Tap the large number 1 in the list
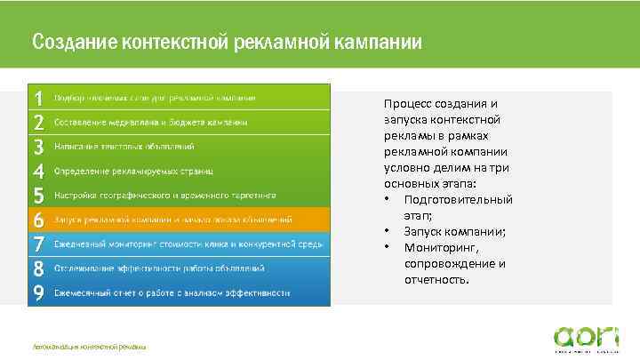[38, 97]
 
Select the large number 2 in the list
[38, 122]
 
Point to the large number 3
[38, 146]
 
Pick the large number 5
[38, 195]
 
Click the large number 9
[38, 292]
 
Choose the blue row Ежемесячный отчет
[172, 292]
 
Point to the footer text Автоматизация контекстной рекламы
[88, 345]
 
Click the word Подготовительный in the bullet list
[458, 199]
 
